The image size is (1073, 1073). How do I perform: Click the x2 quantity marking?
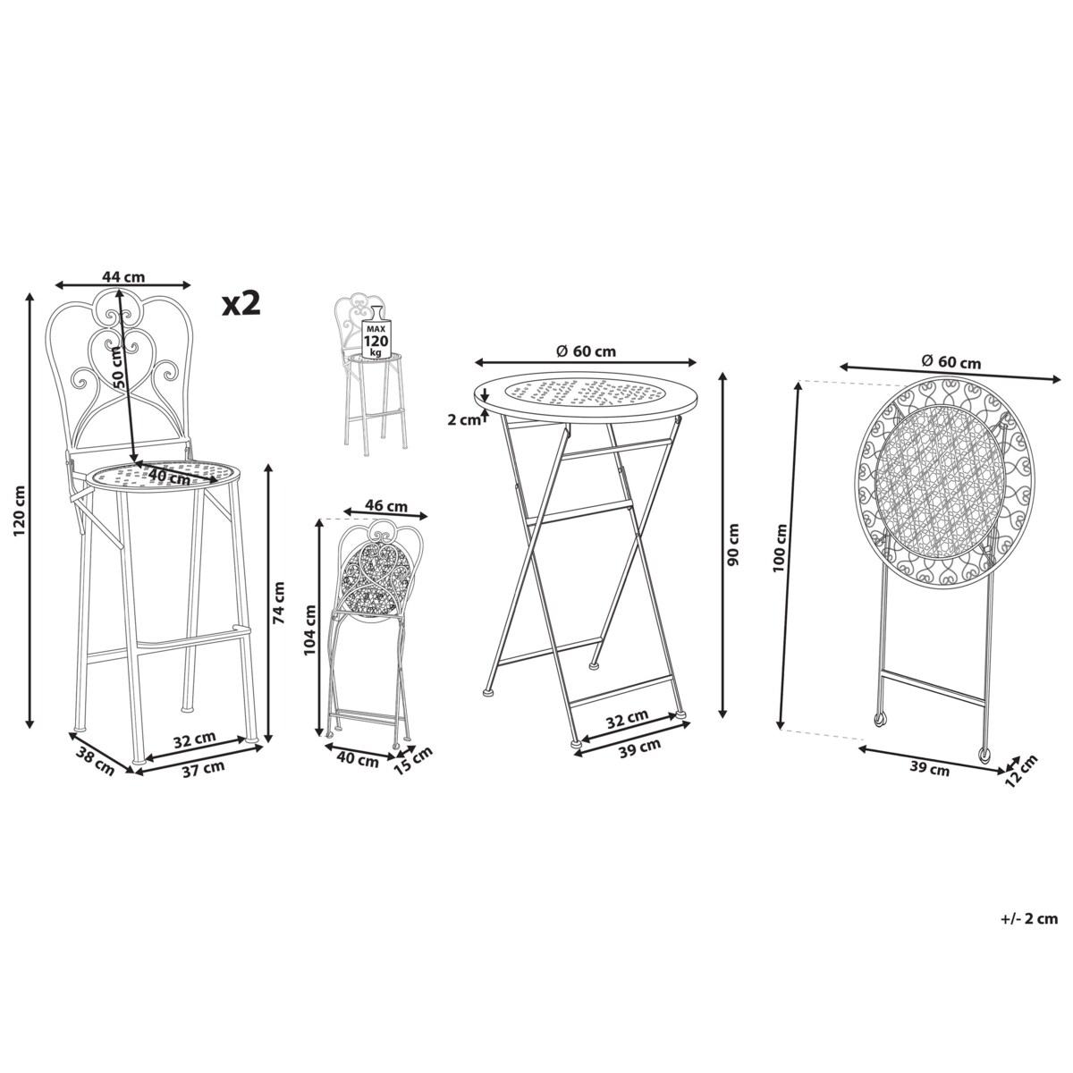(x=241, y=304)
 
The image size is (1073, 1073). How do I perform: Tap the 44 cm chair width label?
(x=123, y=276)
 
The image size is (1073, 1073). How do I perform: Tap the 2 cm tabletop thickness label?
(x=464, y=421)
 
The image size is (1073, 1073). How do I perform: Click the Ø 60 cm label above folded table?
(x=951, y=362)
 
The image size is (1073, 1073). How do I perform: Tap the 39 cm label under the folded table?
(x=929, y=769)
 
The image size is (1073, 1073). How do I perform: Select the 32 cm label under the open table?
(x=627, y=718)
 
